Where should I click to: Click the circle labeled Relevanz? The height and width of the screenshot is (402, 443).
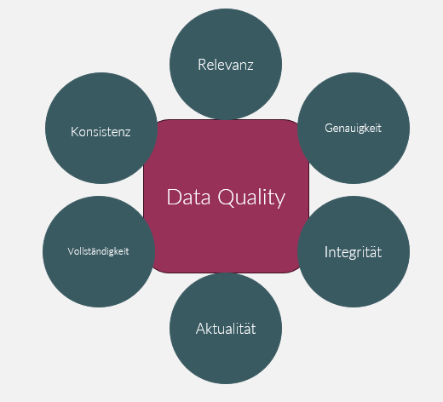tap(226, 64)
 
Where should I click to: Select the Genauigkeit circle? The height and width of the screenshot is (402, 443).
tap(354, 128)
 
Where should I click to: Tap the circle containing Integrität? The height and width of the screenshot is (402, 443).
tap(354, 251)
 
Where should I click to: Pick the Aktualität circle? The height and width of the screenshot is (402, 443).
tap(226, 328)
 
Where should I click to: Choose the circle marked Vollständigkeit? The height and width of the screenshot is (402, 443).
tap(99, 251)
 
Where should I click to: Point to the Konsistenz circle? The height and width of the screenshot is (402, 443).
tap(101, 128)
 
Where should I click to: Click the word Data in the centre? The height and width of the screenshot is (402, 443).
tap(188, 197)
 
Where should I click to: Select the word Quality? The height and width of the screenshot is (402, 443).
tap(251, 198)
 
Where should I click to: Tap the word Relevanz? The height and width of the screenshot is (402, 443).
tap(226, 65)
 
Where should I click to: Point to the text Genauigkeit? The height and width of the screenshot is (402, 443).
tap(353, 128)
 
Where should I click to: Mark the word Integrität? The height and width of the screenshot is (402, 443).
tap(353, 252)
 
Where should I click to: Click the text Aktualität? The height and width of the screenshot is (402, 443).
tap(226, 329)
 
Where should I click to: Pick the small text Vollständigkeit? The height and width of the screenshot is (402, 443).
tap(98, 251)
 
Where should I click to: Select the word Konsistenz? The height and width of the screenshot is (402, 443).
tap(101, 132)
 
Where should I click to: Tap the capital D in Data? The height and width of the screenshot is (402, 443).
tap(174, 197)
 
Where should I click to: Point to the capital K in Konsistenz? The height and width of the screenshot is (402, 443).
tap(75, 132)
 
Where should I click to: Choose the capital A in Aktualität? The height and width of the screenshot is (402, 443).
tap(201, 329)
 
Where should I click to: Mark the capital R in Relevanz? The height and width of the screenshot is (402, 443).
tap(202, 65)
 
